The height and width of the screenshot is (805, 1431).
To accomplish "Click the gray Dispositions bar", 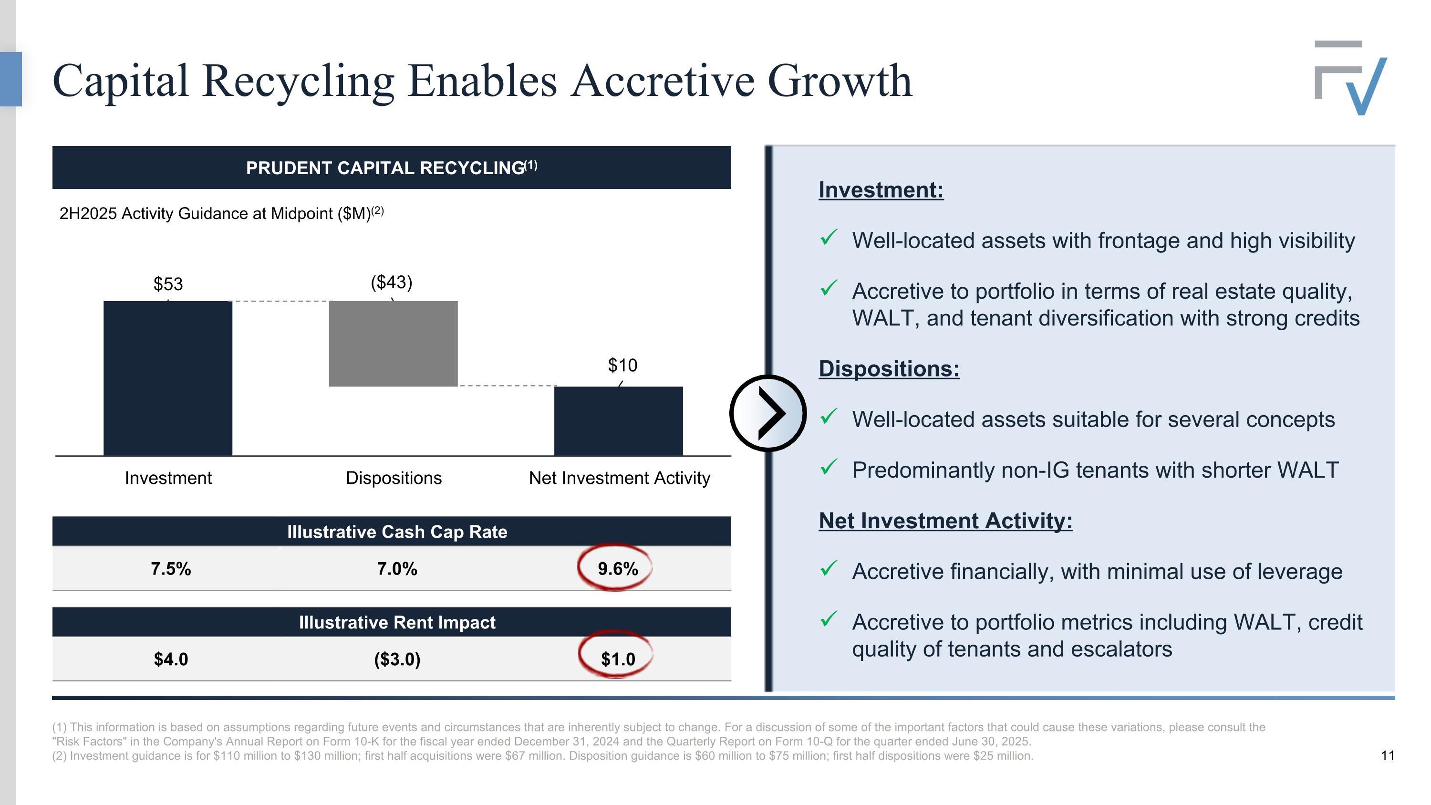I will point(394,344).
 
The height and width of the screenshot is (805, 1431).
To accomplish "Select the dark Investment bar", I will point(168,378).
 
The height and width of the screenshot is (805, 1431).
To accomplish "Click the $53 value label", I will point(168,284).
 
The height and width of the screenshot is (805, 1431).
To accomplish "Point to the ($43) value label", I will point(392,282).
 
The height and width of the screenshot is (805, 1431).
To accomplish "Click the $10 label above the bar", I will point(622,365).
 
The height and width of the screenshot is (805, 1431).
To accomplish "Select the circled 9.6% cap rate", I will point(617,568).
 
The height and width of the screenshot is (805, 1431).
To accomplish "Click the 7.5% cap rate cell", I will point(171,568).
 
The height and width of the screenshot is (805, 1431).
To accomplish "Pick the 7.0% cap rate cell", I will point(397,568).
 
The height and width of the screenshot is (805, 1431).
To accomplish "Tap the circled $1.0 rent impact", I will point(617,659).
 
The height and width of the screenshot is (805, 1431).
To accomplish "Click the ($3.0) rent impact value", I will point(397,659).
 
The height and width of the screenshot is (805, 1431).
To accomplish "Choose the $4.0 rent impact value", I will point(171,659).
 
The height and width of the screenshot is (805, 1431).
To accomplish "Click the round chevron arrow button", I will point(767,413).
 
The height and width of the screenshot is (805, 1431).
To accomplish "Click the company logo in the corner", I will point(1350,78).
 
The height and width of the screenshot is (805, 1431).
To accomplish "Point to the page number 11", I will point(1387,755).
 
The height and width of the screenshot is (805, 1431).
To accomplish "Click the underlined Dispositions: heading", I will point(889,369).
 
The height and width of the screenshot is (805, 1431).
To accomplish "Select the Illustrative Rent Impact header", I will point(397,622).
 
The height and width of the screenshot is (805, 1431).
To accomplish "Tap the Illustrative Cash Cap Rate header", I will point(397,532).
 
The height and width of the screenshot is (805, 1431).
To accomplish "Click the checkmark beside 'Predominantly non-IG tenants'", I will point(828,467).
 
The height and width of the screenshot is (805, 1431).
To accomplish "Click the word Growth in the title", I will point(840,81).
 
